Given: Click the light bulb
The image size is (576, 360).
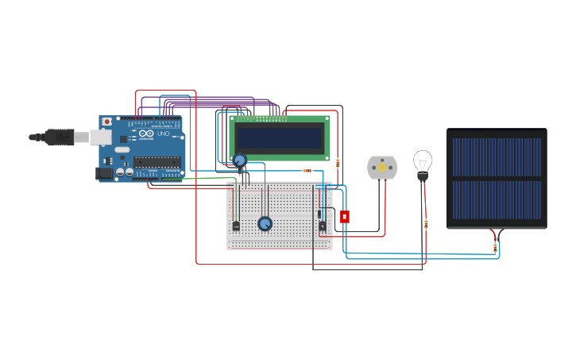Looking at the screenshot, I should tap(423, 163).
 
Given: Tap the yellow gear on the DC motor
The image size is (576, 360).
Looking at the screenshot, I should tap(382, 167).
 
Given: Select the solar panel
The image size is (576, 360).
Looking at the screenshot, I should tap(497, 179).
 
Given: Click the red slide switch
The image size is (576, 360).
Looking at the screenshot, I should tap(344, 216).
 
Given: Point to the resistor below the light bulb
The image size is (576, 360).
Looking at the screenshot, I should tap(426, 224).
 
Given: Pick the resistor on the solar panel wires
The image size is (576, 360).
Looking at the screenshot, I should tap(495, 248).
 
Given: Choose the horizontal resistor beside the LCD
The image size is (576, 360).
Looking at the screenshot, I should tap(307, 171).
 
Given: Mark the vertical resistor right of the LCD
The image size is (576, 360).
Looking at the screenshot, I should tap(338, 163).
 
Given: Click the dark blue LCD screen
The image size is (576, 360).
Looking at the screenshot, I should tap(280, 138).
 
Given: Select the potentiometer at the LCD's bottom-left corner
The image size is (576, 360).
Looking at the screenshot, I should tap(239, 161).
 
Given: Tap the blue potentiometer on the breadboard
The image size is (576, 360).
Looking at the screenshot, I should tap(265, 223).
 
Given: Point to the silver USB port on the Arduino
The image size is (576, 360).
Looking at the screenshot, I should tap(101, 137).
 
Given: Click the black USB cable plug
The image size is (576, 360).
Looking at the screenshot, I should tap(60, 137).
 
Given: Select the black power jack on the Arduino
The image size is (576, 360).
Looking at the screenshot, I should tap(104, 173).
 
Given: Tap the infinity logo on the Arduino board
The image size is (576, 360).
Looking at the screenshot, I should tap(145, 133).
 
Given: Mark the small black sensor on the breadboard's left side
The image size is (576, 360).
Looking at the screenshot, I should tap(236, 226).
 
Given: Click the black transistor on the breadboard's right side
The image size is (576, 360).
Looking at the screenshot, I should tap(322, 226).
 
